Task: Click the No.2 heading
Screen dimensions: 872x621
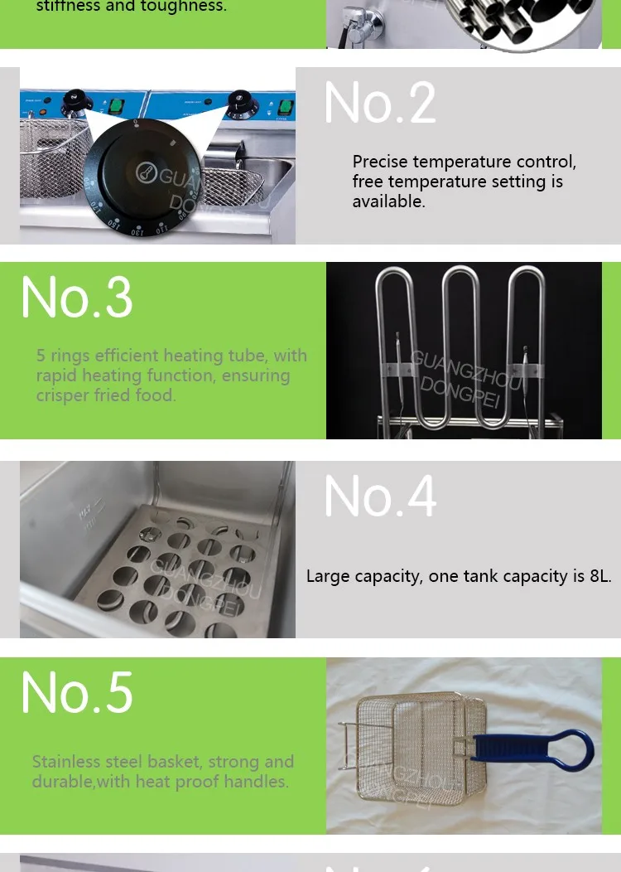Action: (x=380, y=103)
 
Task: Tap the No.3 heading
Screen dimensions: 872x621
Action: (x=76, y=297)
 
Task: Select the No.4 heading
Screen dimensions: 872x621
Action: (x=380, y=497)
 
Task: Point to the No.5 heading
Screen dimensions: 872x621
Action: (x=76, y=692)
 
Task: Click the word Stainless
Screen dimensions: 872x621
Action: (x=66, y=762)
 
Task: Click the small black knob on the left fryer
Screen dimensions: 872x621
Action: (x=76, y=98)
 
